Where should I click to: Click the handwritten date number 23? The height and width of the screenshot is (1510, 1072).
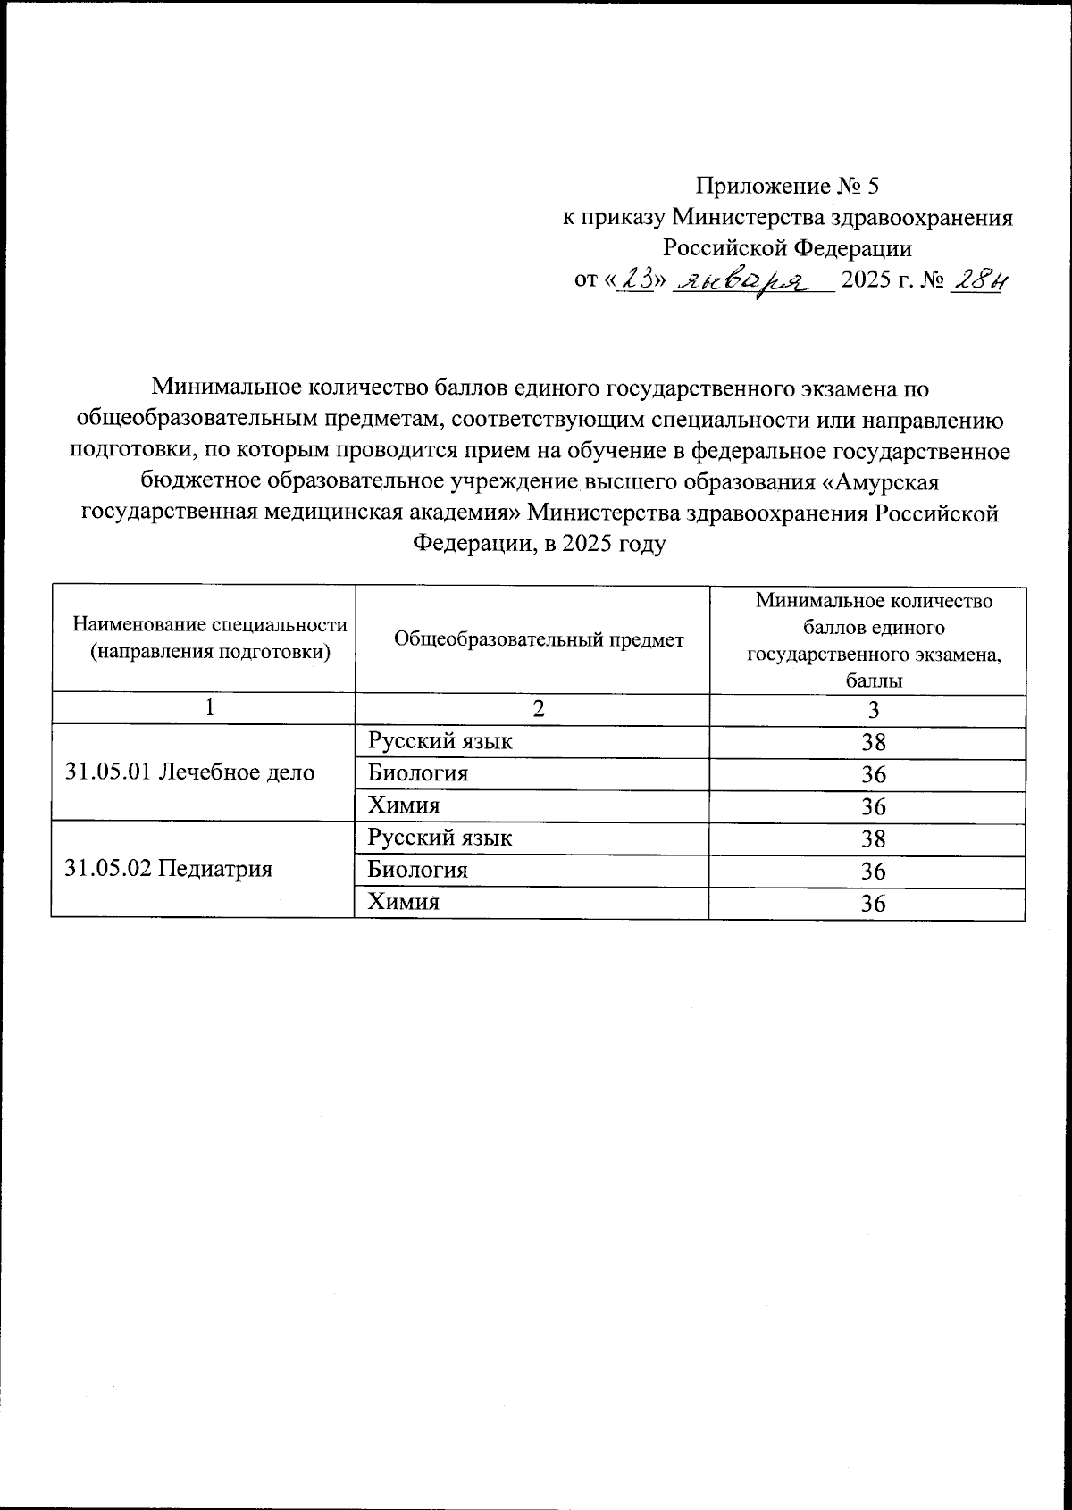coord(637,281)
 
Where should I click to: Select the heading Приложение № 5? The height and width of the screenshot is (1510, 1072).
coord(787,186)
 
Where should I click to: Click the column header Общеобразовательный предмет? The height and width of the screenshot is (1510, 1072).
coord(539,639)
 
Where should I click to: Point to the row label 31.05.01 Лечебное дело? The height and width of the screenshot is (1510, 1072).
coord(190,772)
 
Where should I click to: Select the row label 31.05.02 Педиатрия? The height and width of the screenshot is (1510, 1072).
coord(169,869)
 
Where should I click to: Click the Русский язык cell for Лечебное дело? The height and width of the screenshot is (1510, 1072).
coord(441,741)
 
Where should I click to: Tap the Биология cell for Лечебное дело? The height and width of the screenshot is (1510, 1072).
coord(418,773)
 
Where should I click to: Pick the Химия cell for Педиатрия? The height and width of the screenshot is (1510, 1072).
coord(405,902)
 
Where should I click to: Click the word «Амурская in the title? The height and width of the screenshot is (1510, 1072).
coord(881,482)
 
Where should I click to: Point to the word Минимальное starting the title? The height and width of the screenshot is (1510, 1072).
coord(225,388)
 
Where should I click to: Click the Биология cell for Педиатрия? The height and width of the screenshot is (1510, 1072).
coord(418,870)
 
